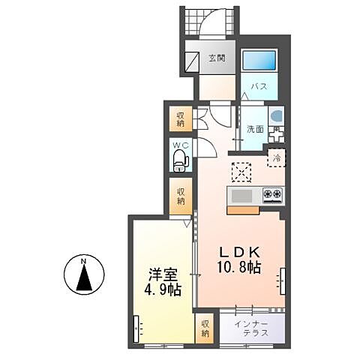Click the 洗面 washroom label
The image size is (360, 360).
(255, 128)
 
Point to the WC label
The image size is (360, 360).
(180, 144)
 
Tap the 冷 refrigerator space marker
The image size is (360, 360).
(277, 158)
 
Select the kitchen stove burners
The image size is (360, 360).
(271, 195)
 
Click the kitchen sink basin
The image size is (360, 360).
(241, 196)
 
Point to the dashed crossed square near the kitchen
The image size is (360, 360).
(241, 172)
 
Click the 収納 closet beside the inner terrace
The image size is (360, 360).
(205, 328)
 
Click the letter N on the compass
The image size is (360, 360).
(85, 261)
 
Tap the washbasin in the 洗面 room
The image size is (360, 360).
(274, 117)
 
